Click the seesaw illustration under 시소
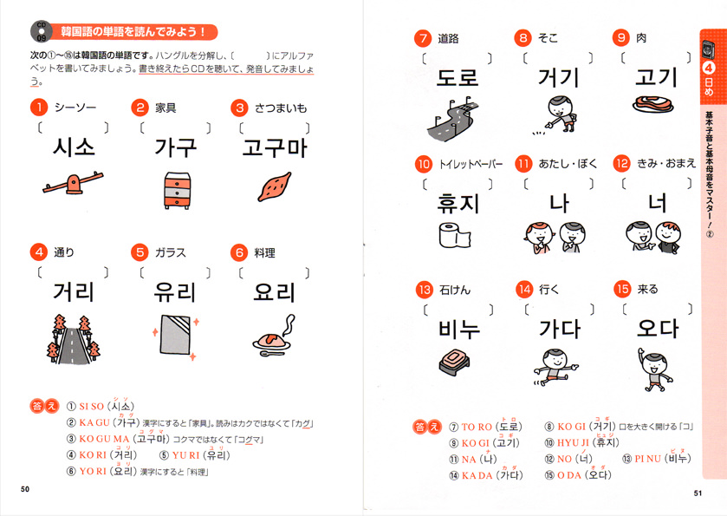pos(73,184)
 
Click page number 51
pos(698,493)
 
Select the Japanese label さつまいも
pos(281,108)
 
